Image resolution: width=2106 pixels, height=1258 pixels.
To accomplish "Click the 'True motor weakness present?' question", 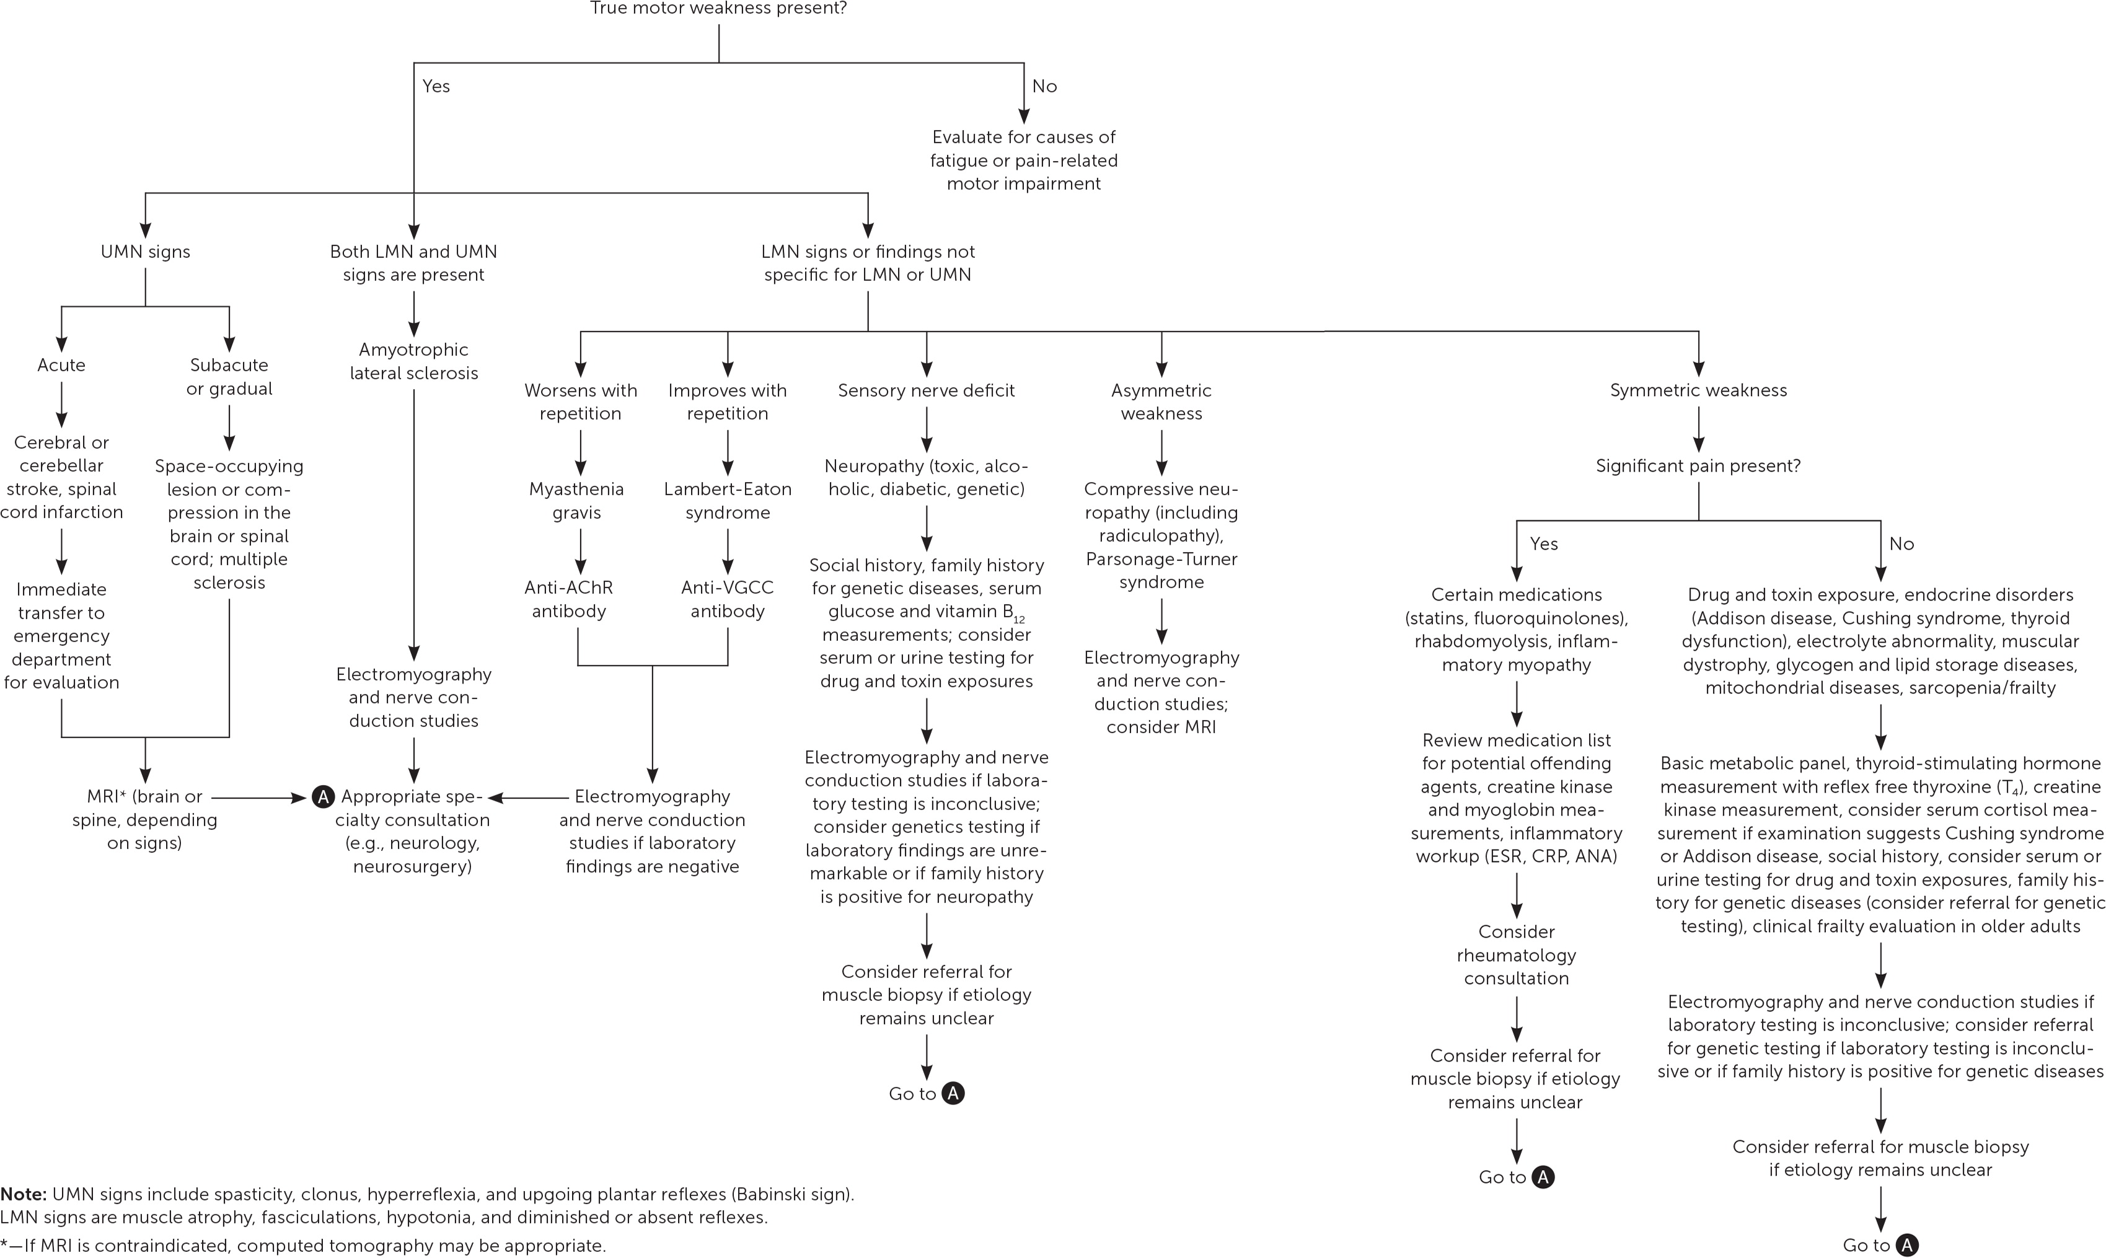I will click(x=718, y=9).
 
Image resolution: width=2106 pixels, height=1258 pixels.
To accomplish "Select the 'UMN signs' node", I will click(x=145, y=252).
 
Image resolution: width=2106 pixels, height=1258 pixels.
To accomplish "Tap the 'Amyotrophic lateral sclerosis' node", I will click(x=414, y=361).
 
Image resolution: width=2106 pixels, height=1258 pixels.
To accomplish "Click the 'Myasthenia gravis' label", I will click(x=576, y=500).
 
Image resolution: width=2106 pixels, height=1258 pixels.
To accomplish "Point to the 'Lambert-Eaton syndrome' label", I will click(x=728, y=500).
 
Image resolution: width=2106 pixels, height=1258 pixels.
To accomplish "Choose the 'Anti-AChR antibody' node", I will click(x=569, y=599).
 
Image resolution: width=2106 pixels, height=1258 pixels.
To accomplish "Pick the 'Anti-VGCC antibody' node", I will click(x=728, y=599).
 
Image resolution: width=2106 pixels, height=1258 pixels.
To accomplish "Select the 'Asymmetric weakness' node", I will click(x=1161, y=402).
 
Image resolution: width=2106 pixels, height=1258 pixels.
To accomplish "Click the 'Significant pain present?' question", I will click(x=1698, y=465).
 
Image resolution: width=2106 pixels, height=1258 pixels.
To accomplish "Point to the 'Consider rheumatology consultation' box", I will click(x=1516, y=954).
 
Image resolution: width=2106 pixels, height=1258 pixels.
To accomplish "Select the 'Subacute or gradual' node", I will click(x=229, y=376).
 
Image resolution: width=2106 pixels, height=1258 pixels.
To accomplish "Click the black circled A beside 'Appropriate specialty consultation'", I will click(x=323, y=797).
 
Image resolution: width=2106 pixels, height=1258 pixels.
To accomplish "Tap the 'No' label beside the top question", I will click(x=1044, y=87).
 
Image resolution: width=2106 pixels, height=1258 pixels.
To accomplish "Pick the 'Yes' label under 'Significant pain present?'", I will click(x=1544, y=544).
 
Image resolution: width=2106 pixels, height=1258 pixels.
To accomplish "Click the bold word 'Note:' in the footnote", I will click(x=23, y=1194).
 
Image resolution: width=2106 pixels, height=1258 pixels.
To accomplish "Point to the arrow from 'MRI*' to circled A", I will click(x=258, y=798).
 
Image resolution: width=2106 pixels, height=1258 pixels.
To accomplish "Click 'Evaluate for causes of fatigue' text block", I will click(x=1023, y=161).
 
